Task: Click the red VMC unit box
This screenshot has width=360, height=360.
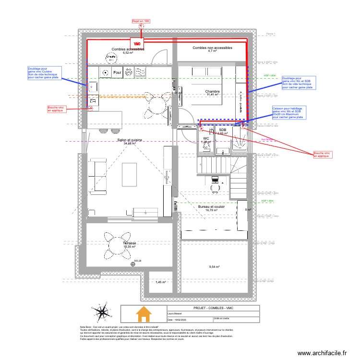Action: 138,43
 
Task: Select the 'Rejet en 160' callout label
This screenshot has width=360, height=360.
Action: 141,21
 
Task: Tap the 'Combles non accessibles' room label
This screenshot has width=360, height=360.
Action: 212,48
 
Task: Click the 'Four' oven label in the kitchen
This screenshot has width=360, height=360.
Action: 117,73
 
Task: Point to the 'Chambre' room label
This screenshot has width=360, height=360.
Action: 212,92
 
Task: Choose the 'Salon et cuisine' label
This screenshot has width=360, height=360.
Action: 130,140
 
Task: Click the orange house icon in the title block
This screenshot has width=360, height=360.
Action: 144,314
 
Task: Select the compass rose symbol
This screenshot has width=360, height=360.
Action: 102,312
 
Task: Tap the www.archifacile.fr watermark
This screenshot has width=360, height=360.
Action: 321,353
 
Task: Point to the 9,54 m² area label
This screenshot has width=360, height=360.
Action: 214,267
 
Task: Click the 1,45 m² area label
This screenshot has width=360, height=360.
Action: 160,282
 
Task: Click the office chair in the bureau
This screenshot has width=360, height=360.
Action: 215,180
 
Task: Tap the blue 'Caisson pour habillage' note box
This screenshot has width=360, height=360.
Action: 288,112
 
